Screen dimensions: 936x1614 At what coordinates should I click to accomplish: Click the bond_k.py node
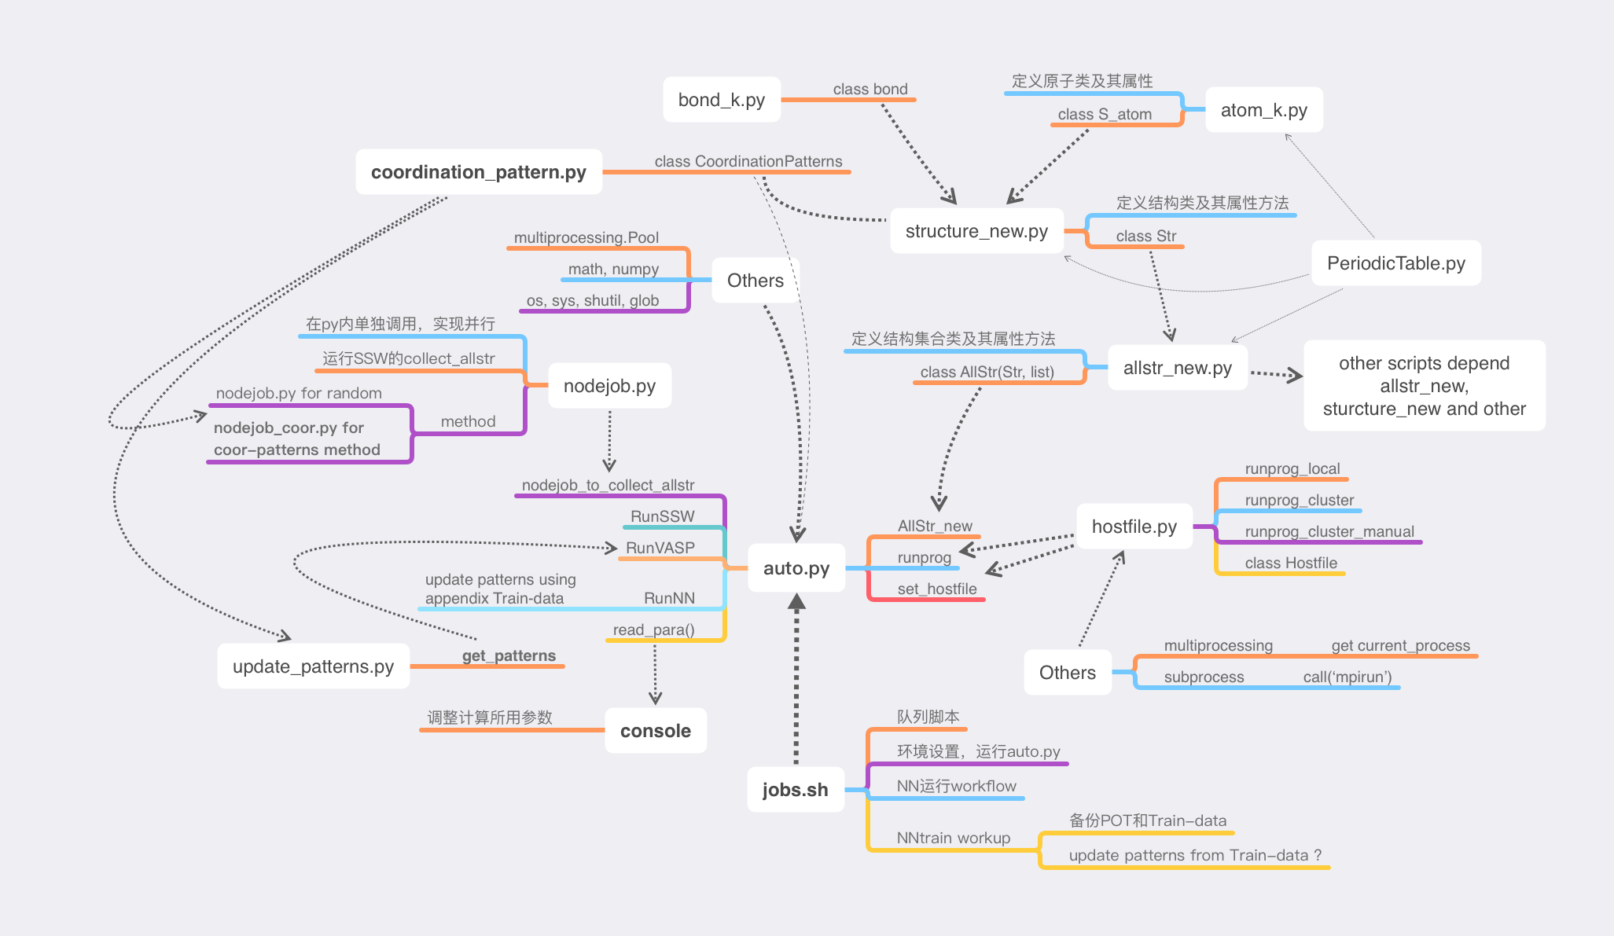(x=722, y=100)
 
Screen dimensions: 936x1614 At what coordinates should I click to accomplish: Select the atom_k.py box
(x=1263, y=110)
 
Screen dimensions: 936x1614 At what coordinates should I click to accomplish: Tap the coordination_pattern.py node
(x=479, y=172)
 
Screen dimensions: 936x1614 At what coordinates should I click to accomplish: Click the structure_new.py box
(x=976, y=231)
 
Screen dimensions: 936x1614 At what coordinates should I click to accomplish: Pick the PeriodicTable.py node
(x=1395, y=263)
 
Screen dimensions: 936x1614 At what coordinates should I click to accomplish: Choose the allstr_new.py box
(x=1177, y=368)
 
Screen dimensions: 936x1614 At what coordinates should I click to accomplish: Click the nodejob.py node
(x=609, y=386)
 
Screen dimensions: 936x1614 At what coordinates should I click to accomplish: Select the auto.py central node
(x=796, y=568)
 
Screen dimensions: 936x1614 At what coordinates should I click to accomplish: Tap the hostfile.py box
(x=1134, y=527)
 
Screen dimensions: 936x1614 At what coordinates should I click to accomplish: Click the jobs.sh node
(x=795, y=790)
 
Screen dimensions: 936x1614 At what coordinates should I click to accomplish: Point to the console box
(x=655, y=731)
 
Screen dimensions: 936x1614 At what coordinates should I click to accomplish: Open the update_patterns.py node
(x=313, y=666)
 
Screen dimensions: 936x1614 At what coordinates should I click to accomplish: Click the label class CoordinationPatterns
(x=748, y=161)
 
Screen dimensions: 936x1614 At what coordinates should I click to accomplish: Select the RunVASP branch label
(x=660, y=548)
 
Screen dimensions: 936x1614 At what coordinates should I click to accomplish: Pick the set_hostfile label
(x=936, y=589)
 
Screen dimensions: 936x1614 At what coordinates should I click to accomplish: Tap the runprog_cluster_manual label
(x=1329, y=531)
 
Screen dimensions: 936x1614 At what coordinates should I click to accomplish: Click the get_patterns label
(x=508, y=655)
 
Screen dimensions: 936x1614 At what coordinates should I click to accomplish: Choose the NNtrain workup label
(x=953, y=838)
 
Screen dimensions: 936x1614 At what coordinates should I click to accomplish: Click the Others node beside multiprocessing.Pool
(x=755, y=281)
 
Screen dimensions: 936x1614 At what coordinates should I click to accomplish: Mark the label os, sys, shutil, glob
(x=592, y=300)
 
